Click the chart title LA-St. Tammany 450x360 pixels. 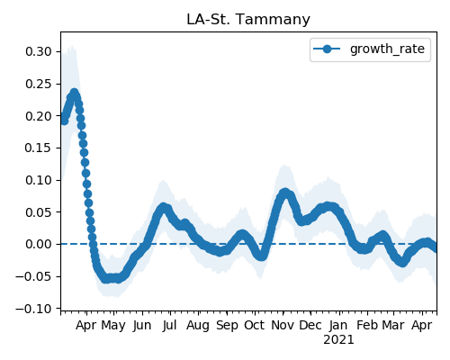pos(248,20)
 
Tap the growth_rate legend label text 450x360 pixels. pos(387,49)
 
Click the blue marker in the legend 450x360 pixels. pos(327,49)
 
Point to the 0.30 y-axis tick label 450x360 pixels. pos(39,51)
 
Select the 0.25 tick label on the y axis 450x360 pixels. pos(39,84)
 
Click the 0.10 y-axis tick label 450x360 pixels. pos(39,180)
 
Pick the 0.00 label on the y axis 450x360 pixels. pos(39,244)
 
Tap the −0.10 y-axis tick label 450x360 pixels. pos(33,309)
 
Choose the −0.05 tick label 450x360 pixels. pos(33,276)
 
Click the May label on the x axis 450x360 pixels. pos(113,326)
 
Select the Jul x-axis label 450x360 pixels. pos(170,325)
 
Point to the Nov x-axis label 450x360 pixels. pos(283,325)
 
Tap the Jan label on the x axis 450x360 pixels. pos(338,325)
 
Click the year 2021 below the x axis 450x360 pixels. pos(338,340)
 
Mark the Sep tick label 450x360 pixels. pos(227,326)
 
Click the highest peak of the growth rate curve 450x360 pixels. pos(74,94)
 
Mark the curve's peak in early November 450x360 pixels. pos(285,193)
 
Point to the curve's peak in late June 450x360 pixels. pos(164,207)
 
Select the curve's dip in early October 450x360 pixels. pos(261,256)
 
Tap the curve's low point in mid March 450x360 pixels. pos(402,262)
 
